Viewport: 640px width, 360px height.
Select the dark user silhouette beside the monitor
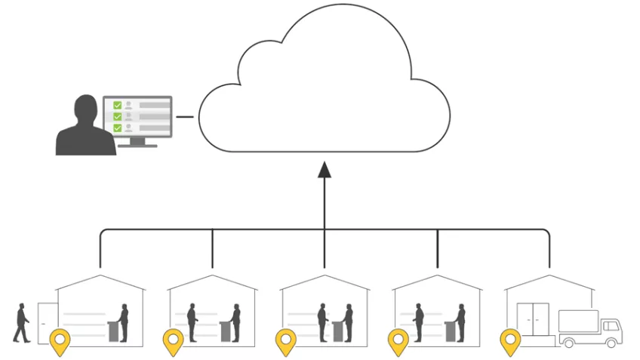(85, 128)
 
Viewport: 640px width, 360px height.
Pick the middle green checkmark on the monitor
(117, 116)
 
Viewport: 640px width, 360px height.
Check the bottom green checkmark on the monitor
(117, 128)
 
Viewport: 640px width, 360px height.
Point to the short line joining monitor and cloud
(184, 117)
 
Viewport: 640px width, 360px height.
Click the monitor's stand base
(137, 144)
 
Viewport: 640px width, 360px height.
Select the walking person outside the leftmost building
(22, 322)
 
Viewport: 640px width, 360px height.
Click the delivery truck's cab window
(608, 325)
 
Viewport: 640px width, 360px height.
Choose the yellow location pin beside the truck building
(511, 341)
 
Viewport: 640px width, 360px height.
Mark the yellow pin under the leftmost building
(59, 341)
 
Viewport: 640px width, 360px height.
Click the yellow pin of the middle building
(285, 341)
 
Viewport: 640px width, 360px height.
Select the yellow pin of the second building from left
(174, 341)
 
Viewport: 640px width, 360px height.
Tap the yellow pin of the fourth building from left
(398, 341)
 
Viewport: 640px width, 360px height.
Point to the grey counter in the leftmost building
(114, 330)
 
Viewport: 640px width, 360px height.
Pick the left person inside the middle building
(322, 322)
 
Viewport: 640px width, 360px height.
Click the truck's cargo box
(577, 323)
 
